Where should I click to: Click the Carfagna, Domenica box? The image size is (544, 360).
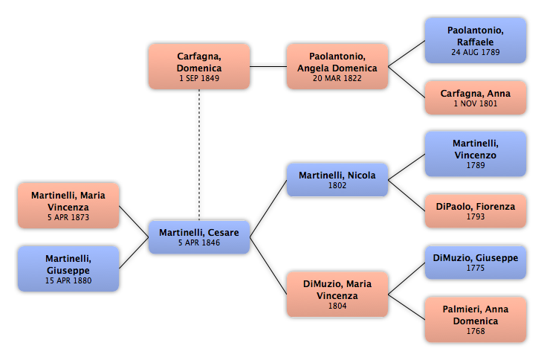(x=199, y=66)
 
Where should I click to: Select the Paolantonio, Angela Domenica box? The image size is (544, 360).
(x=337, y=66)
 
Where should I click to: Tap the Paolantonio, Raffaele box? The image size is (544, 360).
(x=476, y=41)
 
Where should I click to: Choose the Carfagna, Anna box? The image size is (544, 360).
(x=476, y=97)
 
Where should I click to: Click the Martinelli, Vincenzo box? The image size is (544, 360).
(x=476, y=154)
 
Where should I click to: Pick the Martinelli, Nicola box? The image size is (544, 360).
(x=337, y=180)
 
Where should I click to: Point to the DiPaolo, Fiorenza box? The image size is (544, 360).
(x=476, y=210)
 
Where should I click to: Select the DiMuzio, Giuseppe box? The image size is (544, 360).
(x=476, y=262)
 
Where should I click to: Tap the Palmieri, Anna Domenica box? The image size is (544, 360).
(x=476, y=319)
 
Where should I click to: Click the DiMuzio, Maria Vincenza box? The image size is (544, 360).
(x=337, y=294)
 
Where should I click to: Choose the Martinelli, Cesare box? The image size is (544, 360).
(x=199, y=237)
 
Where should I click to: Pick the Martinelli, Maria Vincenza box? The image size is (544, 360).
(x=68, y=205)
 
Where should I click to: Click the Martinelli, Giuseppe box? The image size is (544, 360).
(x=68, y=269)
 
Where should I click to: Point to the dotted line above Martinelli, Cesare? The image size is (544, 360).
(x=199, y=155)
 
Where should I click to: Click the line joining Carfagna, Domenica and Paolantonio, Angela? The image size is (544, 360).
(x=268, y=66)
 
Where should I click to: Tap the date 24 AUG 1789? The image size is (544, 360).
(x=476, y=52)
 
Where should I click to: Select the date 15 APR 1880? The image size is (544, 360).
(x=68, y=280)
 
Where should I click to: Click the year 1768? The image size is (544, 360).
(x=476, y=331)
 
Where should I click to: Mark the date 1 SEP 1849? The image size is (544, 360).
(x=199, y=78)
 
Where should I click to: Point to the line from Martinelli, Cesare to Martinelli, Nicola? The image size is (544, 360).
(x=268, y=208)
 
